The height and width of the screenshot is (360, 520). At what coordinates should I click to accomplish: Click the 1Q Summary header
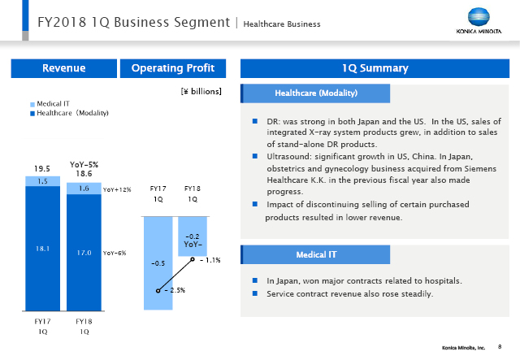tap(375, 68)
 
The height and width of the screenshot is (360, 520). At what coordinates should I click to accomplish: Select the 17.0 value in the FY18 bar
tap(84, 253)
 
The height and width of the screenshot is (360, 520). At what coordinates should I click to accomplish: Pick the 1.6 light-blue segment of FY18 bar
tap(84, 188)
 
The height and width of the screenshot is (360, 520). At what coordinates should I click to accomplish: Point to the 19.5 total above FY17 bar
tap(42, 168)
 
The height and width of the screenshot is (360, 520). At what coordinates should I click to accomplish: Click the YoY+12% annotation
tap(117, 189)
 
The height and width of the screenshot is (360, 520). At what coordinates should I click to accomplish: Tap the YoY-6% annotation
tap(115, 254)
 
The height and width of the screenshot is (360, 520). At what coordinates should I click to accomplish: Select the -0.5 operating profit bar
tap(159, 262)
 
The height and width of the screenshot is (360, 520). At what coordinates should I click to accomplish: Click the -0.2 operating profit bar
tap(193, 233)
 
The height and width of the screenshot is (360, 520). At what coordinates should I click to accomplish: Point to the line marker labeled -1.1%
tap(192, 261)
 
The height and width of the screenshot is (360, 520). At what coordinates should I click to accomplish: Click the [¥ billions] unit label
tap(201, 93)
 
